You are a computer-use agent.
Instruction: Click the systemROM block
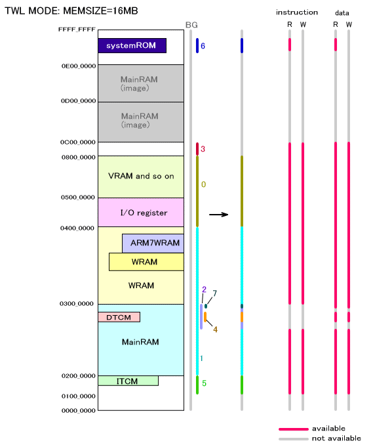(132, 45)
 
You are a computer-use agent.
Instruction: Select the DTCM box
(119, 317)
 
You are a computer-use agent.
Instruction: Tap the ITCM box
(128, 381)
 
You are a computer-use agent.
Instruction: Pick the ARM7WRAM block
(153, 243)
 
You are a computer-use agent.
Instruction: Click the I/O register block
(141, 213)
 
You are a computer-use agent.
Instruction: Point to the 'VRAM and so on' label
(141, 176)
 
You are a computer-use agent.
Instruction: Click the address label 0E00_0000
(79, 66)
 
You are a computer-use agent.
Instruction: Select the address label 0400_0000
(77, 228)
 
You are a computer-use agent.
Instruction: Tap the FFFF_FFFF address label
(77, 30)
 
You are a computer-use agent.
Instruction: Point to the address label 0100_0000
(79, 396)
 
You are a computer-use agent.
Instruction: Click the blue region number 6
(203, 46)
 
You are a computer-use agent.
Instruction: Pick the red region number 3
(203, 149)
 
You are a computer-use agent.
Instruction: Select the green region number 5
(204, 383)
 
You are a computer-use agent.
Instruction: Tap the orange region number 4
(215, 330)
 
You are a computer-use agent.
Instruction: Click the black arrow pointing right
(219, 215)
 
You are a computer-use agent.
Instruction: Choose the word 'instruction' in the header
(297, 12)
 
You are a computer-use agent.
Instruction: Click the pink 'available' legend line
(294, 429)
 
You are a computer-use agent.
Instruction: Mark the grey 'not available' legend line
(294, 439)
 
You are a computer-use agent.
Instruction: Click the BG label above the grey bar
(191, 25)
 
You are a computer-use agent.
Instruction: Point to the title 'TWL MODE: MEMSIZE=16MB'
(71, 11)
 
